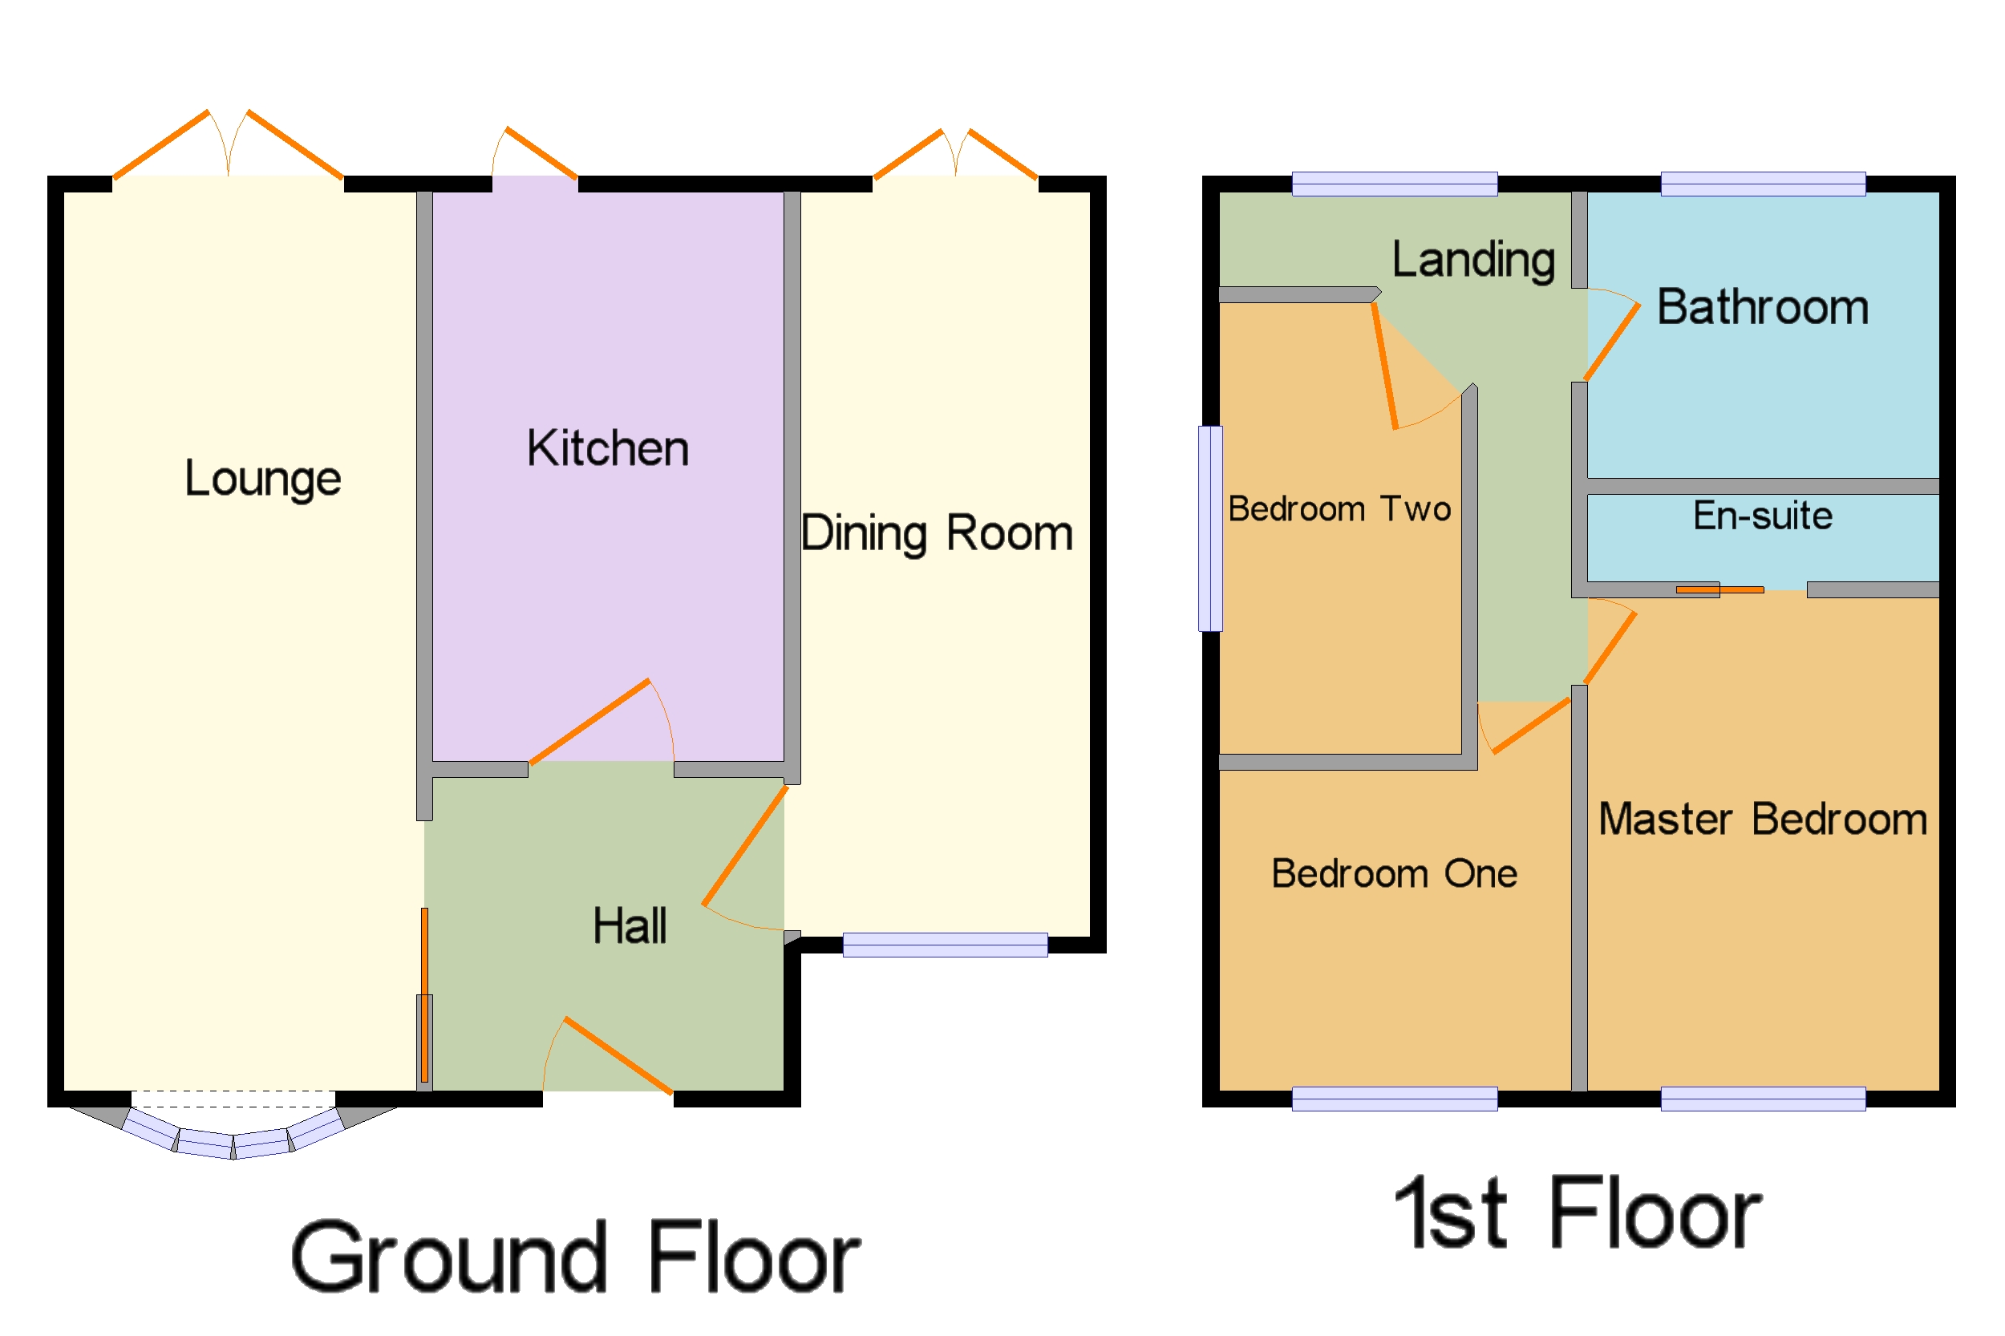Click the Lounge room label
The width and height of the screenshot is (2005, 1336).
262,479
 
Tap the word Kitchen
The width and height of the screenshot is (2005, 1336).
608,449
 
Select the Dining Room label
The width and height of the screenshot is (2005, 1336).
937,534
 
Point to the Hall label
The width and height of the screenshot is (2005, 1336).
630,926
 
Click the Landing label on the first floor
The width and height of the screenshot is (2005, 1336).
1473,260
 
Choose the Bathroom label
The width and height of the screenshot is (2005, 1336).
1762,308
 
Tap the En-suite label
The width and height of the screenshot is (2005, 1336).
1762,516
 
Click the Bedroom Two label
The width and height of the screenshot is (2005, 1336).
1339,509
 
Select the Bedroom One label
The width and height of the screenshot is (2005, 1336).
1394,874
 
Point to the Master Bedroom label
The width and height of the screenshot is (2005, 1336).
1762,820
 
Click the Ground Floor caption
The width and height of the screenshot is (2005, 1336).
576,1257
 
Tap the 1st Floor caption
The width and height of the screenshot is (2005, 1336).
1578,1213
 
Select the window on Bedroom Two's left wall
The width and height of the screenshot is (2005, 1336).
1210,528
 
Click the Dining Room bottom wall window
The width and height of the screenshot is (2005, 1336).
945,945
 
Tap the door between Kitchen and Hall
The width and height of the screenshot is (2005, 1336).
589,722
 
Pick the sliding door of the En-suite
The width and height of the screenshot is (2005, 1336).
1719,589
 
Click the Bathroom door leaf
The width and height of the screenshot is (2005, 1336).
1611,342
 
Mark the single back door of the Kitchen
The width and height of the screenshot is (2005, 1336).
542,153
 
